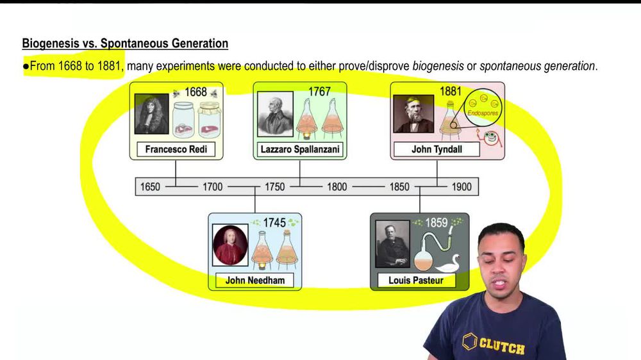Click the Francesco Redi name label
click(176, 150)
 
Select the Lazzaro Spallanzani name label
click(300, 150)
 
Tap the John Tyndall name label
click(437, 150)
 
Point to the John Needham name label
click(254, 280)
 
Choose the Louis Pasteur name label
click(415, 280)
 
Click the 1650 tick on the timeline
click(150, 186)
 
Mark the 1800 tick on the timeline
click(337, 186)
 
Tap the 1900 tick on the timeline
click(461, 186)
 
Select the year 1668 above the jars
click(196, 92)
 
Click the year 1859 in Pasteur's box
click(433, 223)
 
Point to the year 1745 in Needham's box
click(273, 223)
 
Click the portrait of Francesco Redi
click(151, 115)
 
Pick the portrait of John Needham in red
click(230, 245)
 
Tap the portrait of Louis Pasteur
click(392, 244)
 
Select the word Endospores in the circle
click(483, 113)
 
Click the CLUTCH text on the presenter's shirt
click(502, 346)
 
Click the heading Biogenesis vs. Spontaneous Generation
click(125, 44)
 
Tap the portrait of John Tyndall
click(413, 114)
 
